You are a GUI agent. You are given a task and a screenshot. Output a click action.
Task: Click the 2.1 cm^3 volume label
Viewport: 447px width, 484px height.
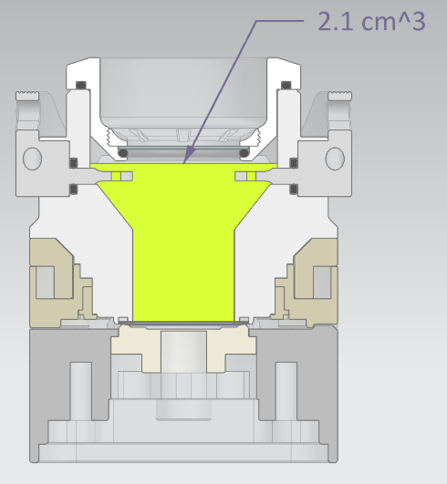(371, 21)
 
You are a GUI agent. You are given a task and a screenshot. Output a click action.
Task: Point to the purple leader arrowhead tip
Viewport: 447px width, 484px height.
(183, 163)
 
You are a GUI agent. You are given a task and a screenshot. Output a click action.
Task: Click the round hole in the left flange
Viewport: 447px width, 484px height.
(33, 159)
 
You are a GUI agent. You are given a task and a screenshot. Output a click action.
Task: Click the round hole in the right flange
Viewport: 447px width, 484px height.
(335, 159)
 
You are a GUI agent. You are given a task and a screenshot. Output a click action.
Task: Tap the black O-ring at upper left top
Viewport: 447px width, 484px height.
(81, 85)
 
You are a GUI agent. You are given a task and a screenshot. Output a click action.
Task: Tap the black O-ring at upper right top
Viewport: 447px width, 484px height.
(286, 85)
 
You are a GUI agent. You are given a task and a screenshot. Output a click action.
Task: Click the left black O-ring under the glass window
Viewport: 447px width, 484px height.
(123, 153)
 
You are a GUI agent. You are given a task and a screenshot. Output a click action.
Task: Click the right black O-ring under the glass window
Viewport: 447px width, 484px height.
(244, 153)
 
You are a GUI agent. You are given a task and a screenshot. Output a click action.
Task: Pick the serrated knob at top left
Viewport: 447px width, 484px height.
(27, 96)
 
